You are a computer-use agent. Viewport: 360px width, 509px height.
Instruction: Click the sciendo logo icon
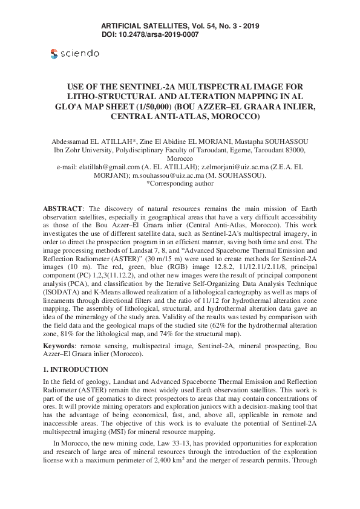coord(54,54)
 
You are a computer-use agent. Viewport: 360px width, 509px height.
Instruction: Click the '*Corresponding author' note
coord(180,183)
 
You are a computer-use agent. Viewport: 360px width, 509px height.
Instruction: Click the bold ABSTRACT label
coord(62,208)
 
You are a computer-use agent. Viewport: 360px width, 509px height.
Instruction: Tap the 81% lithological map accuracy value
coord(61,334)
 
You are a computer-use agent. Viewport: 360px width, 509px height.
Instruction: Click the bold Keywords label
coord(59,345)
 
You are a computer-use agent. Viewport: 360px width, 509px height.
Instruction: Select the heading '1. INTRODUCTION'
coord(75,369)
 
